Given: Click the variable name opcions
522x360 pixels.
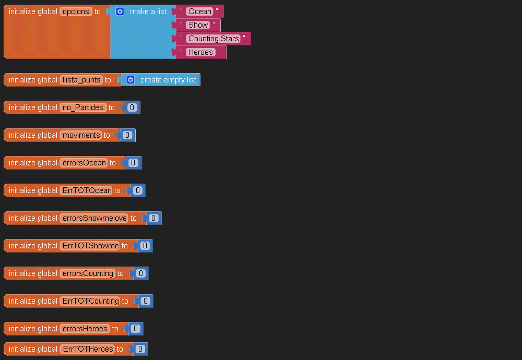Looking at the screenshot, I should point(76,11).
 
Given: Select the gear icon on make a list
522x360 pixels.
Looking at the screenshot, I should point(120,11).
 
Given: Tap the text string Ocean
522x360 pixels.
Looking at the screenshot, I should point(200,11).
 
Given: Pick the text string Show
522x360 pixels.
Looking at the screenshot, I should point(198,25).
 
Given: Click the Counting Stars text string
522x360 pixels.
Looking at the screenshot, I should point(213,39).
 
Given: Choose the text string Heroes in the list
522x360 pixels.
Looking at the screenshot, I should point(201,52).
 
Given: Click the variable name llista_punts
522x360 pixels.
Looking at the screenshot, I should point(81,80).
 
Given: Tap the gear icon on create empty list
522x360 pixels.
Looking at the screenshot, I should point(130,80).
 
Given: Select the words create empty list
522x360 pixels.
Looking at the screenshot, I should point(168,80).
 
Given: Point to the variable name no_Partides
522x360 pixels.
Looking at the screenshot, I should point(83,107).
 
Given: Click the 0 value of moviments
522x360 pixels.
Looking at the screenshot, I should point(127,135).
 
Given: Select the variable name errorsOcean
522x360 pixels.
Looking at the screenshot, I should point(84,163).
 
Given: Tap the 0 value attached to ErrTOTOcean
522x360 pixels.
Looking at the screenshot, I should point(137,190).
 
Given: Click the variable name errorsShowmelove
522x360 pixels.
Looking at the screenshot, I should point(94,218).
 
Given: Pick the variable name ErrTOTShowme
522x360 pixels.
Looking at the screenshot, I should point(90,246).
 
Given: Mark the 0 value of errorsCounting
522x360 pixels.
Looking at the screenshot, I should point(140,273).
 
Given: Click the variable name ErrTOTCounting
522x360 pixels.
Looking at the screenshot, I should point(90,301).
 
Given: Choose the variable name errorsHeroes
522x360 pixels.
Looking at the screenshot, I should point(85,329).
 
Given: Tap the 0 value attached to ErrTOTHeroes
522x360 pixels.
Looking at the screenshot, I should point(140,349).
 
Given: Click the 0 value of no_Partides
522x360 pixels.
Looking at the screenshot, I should point(132,107).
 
